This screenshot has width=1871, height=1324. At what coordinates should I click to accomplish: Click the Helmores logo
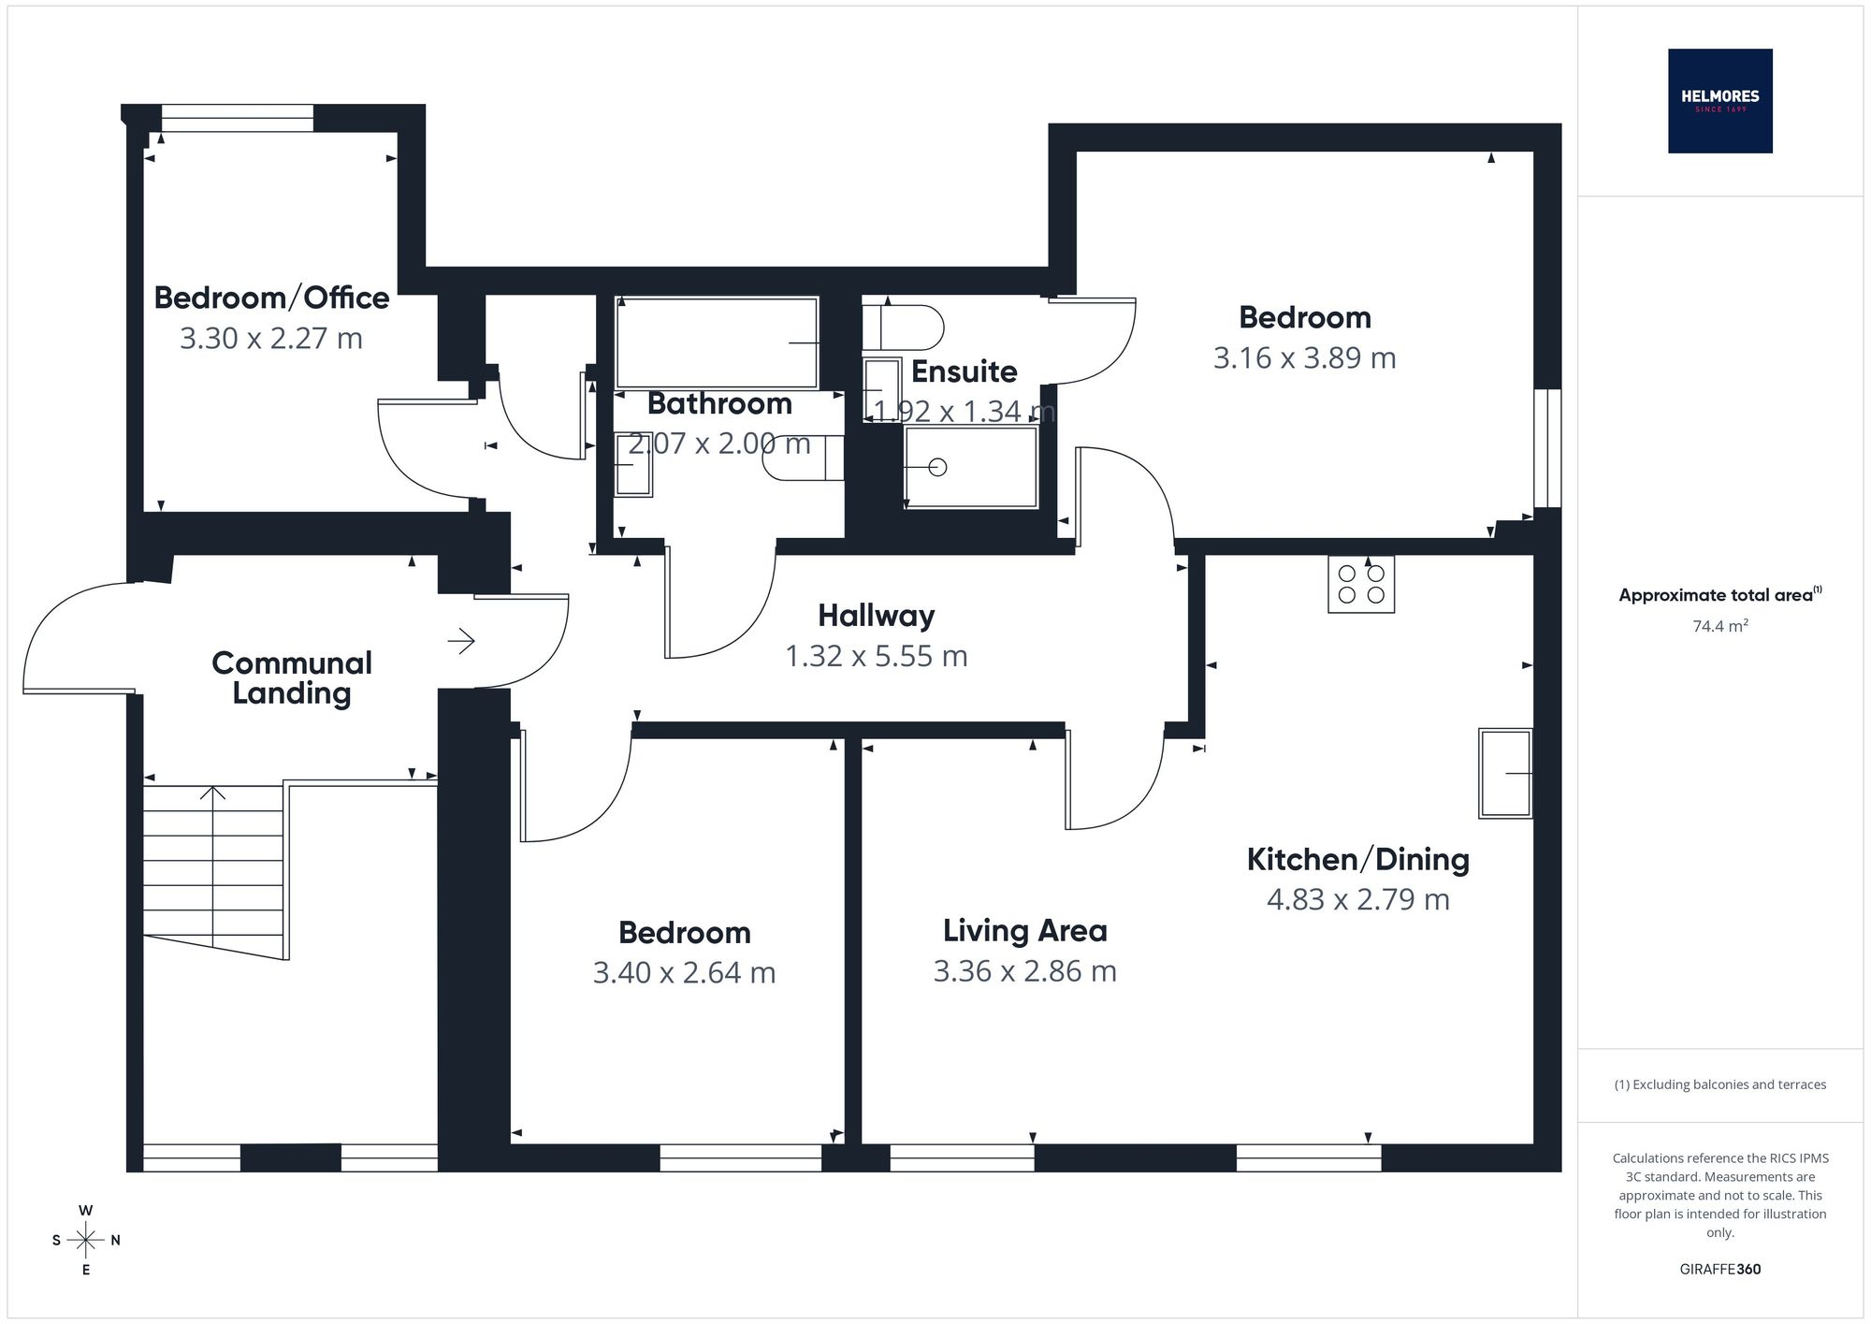coord(1719,101)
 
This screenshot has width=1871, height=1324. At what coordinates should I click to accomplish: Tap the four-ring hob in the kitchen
coord(1361,584)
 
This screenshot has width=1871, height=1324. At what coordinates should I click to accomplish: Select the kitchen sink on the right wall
coord(1505,773)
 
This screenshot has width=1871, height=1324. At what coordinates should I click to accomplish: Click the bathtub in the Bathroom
coord(717,342)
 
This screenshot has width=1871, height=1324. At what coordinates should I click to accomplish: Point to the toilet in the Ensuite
coord(903,327)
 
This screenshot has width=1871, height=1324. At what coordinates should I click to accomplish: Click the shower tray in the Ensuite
coord(971,467)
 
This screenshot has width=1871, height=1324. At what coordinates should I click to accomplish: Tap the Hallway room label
coord(877,616)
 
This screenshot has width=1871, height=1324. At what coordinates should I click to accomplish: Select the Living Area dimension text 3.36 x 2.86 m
coord(1025,971)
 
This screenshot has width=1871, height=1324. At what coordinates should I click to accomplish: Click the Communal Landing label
coord(292,677)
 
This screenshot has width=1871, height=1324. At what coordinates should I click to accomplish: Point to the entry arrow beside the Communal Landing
coord(461,641)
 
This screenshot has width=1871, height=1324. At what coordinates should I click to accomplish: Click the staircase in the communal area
coord(213,870)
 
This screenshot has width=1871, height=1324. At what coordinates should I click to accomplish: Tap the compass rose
coord(86,1241)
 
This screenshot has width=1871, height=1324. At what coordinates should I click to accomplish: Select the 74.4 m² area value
coord(1720,626)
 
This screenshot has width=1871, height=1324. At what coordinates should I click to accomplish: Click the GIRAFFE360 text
coord(1720,1270)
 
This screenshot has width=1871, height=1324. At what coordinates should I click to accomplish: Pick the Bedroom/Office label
coord(271,298)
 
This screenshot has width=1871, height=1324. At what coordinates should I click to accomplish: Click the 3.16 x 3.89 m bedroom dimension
coord(1305,358)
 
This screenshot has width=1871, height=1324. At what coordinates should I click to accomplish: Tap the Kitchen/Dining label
coord(1358,859)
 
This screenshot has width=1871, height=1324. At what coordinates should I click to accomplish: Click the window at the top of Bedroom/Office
coord(237,118)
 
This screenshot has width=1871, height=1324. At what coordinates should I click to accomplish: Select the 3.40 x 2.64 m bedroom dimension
coord(685,973)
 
